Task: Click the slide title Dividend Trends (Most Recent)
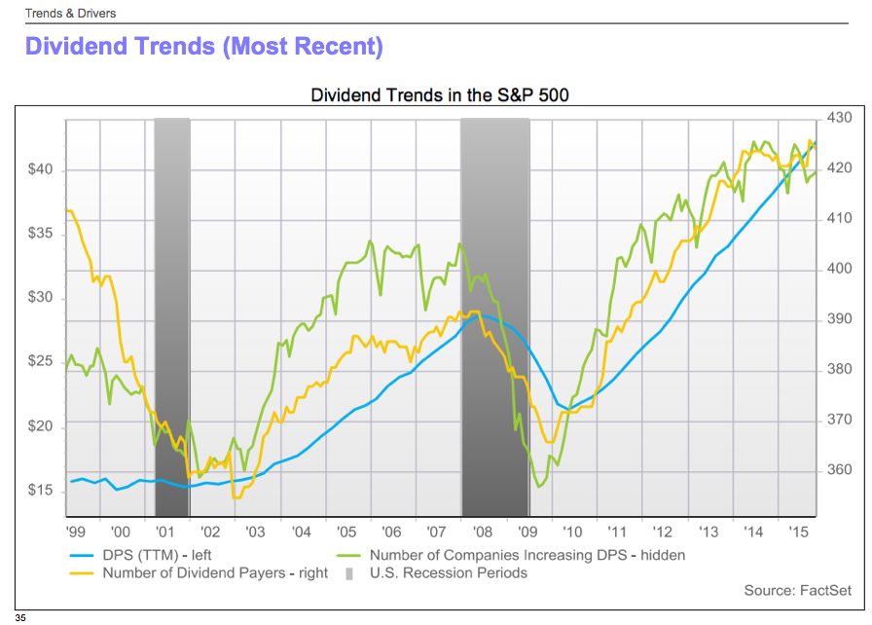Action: [x=203, y=46]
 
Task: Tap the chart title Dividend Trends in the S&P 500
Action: [x=439, y=95]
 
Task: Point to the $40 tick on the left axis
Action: [x=41, y=170]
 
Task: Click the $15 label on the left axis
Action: [x=41, y=491]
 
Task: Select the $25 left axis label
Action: [x=41, y=362]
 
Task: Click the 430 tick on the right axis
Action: [x=838, y=118]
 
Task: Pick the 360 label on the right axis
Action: [x=838, y=470]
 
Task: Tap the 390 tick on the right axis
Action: [x=838, y=319]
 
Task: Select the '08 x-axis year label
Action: [x=481, y=533]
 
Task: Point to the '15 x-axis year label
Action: [x=798, y=533]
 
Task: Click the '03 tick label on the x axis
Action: [x=255, y=533]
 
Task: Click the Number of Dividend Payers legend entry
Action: [x=215, y=573]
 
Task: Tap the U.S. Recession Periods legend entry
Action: [x=448, y=573]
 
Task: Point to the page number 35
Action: [x=20, y=617]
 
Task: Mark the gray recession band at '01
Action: [x=172, y=316]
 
